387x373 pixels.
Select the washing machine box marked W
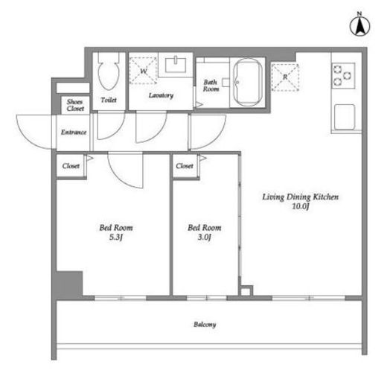143,71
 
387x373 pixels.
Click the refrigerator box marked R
285,77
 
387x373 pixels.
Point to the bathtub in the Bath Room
248,82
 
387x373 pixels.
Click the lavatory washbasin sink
176,65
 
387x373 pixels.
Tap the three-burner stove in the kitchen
343,75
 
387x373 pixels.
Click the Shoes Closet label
75,105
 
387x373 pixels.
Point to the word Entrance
74,133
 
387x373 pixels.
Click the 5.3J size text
116,237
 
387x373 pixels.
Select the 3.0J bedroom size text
204,237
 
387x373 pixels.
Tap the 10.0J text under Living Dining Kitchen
301,206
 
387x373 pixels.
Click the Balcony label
205,325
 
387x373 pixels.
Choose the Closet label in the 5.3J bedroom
71,166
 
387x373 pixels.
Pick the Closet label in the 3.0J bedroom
185,166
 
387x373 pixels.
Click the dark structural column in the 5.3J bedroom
69,284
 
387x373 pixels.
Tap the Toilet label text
109,100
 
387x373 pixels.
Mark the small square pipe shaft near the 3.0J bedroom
246,291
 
